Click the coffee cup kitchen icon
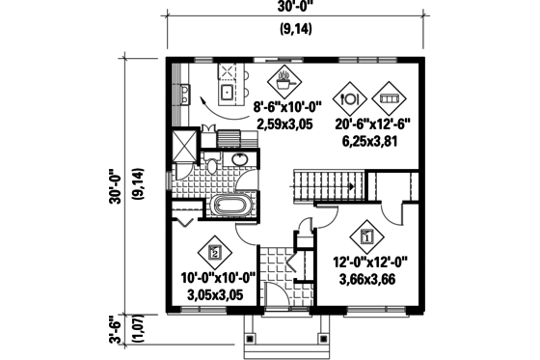click(x=284, y=77)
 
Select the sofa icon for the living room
click(x=389, y=97)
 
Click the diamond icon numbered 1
click(x=366, y=235)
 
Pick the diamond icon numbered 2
click(x=214, y=254)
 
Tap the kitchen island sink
click(x=229, y=93)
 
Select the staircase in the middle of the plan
click(x=324, y=180)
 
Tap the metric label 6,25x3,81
click(x=370, y=140)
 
